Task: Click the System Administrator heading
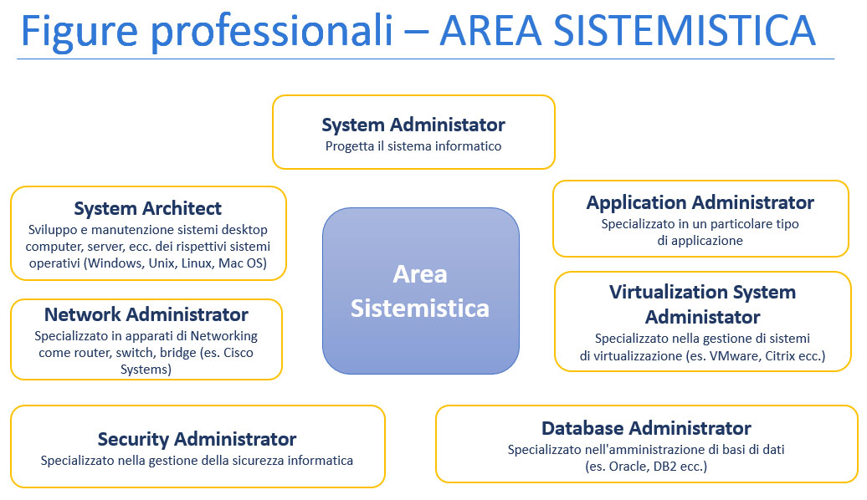[x=413, y=125]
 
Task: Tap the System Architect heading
[x=147, y=208]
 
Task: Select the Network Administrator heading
[x=146, y=314]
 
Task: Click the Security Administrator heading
[x=197, y=439]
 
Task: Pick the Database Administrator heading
[x=646, y=428]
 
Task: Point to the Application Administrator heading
[x=700, y=203]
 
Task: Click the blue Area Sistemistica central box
[x=421, y=291]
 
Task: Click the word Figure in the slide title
[x=79, y=32]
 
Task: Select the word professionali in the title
[x=271, y=32]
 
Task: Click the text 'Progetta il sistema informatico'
[x=413, y=146]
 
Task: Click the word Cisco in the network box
[x=239, y=353]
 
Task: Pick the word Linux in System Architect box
[x=197, y=263]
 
